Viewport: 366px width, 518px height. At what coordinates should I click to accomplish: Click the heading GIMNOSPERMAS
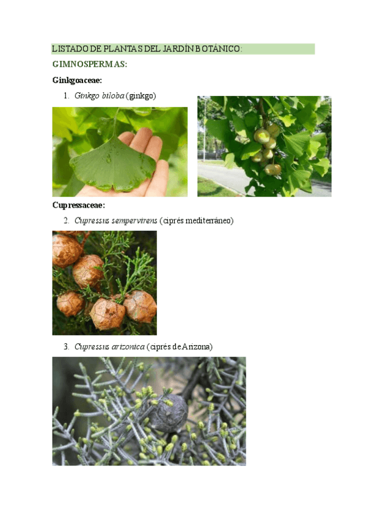point(89,65)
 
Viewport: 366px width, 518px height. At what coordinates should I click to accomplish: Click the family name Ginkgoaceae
point(77,81)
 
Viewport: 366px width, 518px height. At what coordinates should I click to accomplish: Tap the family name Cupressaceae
point(78,205)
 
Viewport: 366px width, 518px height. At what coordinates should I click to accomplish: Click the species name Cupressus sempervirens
point(115,221)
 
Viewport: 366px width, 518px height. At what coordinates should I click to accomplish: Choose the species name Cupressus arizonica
point(109,347)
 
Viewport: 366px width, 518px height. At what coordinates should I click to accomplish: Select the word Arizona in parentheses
point(196,347)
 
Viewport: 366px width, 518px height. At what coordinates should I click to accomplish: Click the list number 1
point(66,96)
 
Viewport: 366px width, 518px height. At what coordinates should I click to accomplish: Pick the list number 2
point(66,221)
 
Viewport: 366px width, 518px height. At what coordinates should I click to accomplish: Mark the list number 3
point(66,347)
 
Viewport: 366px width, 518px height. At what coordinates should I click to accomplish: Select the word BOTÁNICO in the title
point(219,49)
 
